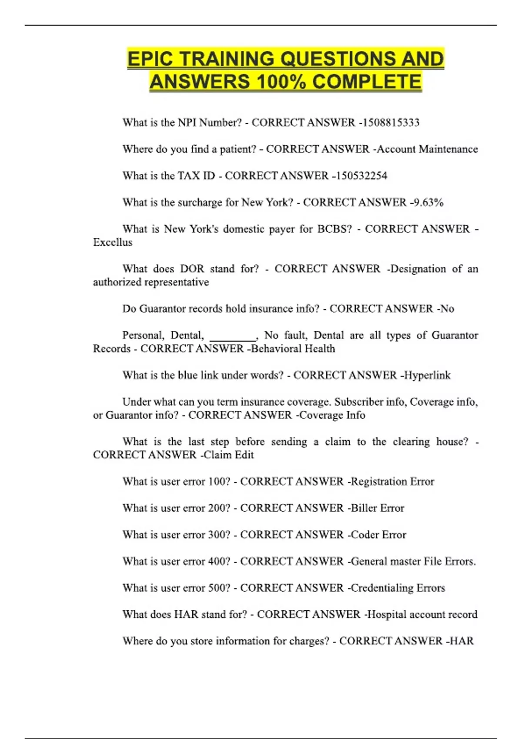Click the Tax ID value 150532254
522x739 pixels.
point(361,176)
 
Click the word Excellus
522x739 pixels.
point(113,242)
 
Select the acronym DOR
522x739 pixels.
point(192,269)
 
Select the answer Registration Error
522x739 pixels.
point(392,482)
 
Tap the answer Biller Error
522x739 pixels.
point(377,508)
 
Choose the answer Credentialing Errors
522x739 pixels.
point(398,588)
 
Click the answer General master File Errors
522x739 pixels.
point(413,561)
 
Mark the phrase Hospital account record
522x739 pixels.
point(422,614)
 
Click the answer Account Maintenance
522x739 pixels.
point(427,149)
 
